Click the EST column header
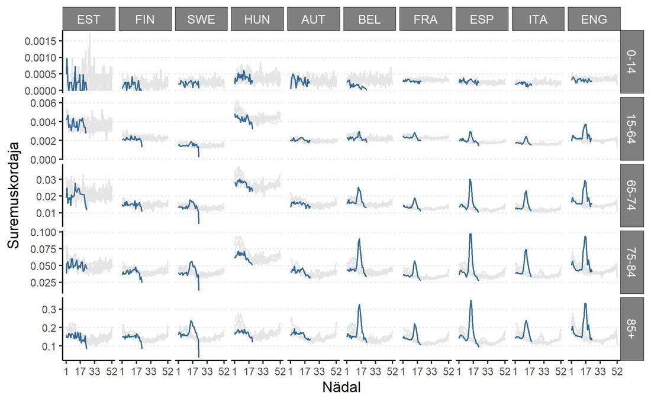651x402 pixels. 88,19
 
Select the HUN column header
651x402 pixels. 257,19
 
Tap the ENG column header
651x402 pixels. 594,19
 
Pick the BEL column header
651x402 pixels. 369,19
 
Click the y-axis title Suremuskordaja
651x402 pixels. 13,196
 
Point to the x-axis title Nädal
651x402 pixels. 341,387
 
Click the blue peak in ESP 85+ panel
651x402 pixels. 470,301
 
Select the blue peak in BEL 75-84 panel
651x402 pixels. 359,239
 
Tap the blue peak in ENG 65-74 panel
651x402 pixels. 585,180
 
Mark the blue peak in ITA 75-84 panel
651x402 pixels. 525,249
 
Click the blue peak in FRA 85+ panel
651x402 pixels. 414,325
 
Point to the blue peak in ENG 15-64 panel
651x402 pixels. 585,125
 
